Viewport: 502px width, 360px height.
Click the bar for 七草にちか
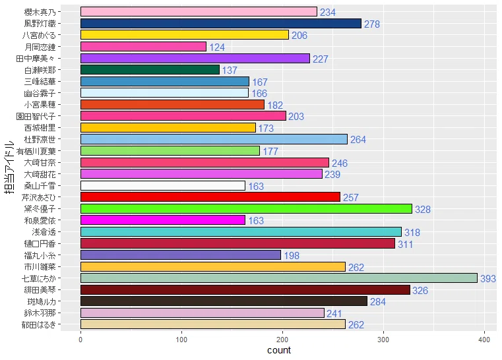[x=278, y=278]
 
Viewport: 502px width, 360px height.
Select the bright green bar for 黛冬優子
[x=246, y=208]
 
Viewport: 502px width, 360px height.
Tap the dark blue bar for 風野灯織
[x=221, y=23]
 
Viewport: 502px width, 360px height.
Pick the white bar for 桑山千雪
[x=162, y=185]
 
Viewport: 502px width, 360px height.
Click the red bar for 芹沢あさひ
[x=210, y=197]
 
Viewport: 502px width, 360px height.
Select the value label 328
[x=423, y=209]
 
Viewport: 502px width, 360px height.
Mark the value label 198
[x=292, y=256]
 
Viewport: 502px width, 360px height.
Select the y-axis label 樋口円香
[x=59, y=243]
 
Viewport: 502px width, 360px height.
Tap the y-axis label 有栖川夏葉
[x=55, y=150]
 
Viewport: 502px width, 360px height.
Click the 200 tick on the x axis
[x=282, y=340]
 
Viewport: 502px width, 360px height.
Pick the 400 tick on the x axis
[x=485, y=340]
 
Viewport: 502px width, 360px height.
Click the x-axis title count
[x=279, y=351]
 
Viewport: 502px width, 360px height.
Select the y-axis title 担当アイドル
[x=9, y=167]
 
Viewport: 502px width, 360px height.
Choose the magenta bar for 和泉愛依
[x=162, y=220]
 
